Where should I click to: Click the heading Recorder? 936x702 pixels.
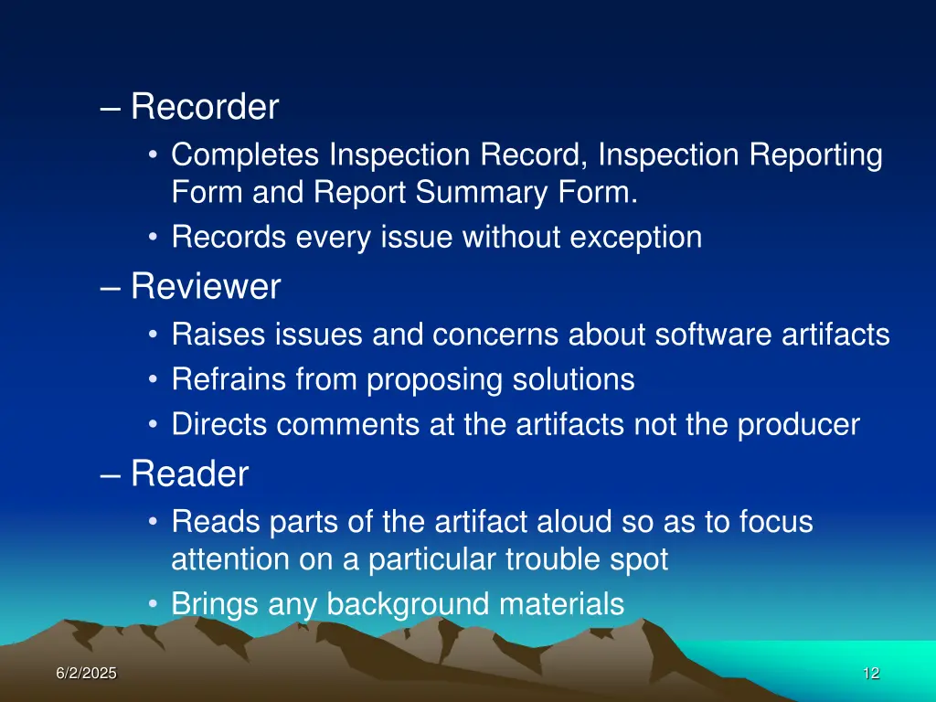pos(204,108)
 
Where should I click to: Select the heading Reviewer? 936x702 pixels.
pos(205,288)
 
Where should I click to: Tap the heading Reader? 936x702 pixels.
pos(189,474)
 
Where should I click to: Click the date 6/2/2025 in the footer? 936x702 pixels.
pos(86,674)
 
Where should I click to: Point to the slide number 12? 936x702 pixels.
pos(870,674)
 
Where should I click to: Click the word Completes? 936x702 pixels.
pos(247,155)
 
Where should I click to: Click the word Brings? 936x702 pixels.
pos(216,604)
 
